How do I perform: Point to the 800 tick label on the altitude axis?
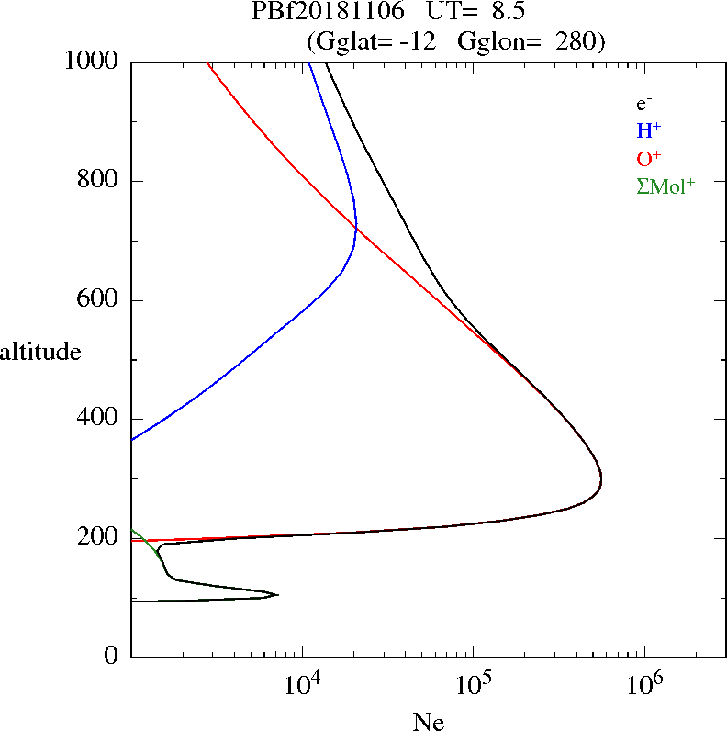pyautogui.click(x=99, y=181)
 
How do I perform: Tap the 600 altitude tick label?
pyautogui.click(x=99, y=300)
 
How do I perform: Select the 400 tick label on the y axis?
pyautogui.click(x=99, y=419)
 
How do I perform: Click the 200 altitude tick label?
pyautogui.click(x=99, y=537)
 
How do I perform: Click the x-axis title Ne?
pyautogui.click(x=429, y=722)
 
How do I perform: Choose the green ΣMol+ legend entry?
pyautogui.click(x=665, y=186)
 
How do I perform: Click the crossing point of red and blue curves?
pyautogui.click(x=355, y=227)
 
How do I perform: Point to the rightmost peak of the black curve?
pyautogui.click(x=601, y=479)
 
